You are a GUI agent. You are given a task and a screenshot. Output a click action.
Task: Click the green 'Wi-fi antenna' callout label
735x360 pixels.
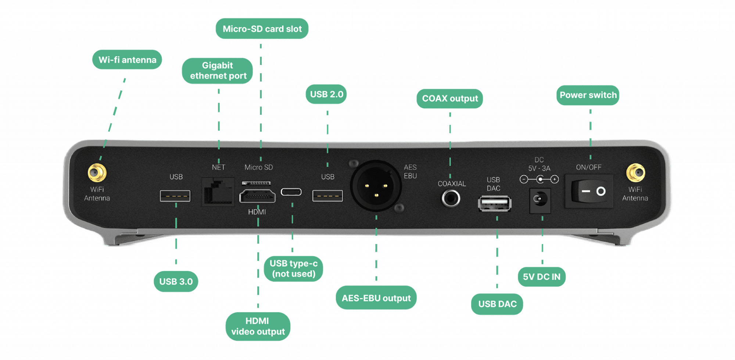click(x=127, y=60)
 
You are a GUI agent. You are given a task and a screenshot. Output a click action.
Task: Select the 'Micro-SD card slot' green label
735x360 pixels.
click(x=262, y=29)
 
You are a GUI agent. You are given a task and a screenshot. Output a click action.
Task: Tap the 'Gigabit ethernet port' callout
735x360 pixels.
click(x=218, y=71)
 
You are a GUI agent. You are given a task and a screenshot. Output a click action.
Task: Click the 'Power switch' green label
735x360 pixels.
click(x=588, y=95)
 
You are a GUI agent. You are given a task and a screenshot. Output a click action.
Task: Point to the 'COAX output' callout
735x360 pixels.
click(x=449, y=98)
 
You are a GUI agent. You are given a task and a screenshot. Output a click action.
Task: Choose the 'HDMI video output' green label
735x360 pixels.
click(x=258, y=326)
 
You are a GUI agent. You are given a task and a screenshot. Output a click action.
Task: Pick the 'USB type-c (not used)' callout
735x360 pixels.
click(x=293, y=269)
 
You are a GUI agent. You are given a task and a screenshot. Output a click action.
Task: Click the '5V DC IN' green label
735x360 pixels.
click(x=541, y=277)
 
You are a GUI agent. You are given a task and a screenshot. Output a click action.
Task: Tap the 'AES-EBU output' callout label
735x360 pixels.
click(x=376, y=298)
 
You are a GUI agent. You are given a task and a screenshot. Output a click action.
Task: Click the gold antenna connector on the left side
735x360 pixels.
click(x=97, y=173)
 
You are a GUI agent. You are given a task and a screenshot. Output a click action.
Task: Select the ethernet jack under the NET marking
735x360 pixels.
click(x=218, y=191)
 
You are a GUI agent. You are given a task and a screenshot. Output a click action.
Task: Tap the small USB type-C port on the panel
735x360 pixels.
click(x=291, y=192)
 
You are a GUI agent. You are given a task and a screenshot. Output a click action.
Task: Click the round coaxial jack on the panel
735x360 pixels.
click(x=451, y=198)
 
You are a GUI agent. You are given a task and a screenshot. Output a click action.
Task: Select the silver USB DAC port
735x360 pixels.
click(x=495, y=204)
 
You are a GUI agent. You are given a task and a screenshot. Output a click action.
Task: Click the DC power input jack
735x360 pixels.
click(x=540, y=200)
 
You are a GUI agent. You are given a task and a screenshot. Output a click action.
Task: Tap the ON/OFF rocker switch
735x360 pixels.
click(x=589, y=191)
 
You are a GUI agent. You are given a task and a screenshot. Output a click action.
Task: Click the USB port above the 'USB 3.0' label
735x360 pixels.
click(x=175, y=196)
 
